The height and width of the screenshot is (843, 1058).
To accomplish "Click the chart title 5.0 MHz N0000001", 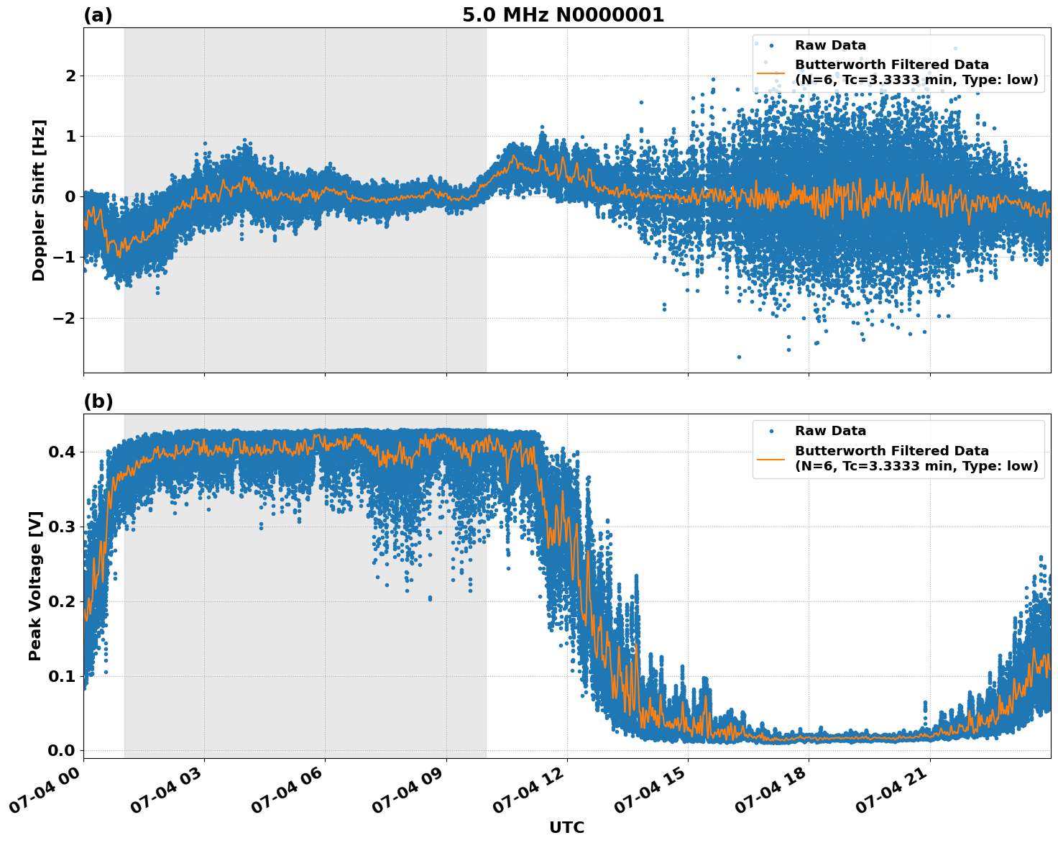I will pos(563,15).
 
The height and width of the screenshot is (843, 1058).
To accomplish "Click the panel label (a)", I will pos(98,15).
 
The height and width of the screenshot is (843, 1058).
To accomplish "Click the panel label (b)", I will pos(98,401).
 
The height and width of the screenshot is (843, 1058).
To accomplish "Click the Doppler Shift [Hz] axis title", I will pos(39,200).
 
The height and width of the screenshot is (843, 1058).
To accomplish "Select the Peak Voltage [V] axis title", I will pos(35,585).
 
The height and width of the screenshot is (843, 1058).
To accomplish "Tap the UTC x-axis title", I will pos(566,827).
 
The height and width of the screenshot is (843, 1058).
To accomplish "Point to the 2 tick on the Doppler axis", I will pos(70,76).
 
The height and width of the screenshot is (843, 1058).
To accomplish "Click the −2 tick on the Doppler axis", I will pos(66,318).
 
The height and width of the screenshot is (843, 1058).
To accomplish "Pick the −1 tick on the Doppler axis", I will pos(66,258).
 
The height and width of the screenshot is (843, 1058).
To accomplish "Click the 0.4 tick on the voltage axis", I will pos(63,452).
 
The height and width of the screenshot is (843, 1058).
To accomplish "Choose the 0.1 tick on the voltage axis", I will pos(63,676).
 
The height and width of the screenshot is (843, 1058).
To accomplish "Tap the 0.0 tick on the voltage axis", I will pos(63,750).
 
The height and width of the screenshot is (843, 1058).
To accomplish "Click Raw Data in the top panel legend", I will pos(830,45).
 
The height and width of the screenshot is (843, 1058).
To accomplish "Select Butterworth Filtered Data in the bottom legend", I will pos(891,451).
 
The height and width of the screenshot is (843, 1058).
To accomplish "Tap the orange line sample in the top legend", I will pos(770,72).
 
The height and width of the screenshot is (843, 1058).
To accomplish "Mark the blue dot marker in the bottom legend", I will pos(770,432).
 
